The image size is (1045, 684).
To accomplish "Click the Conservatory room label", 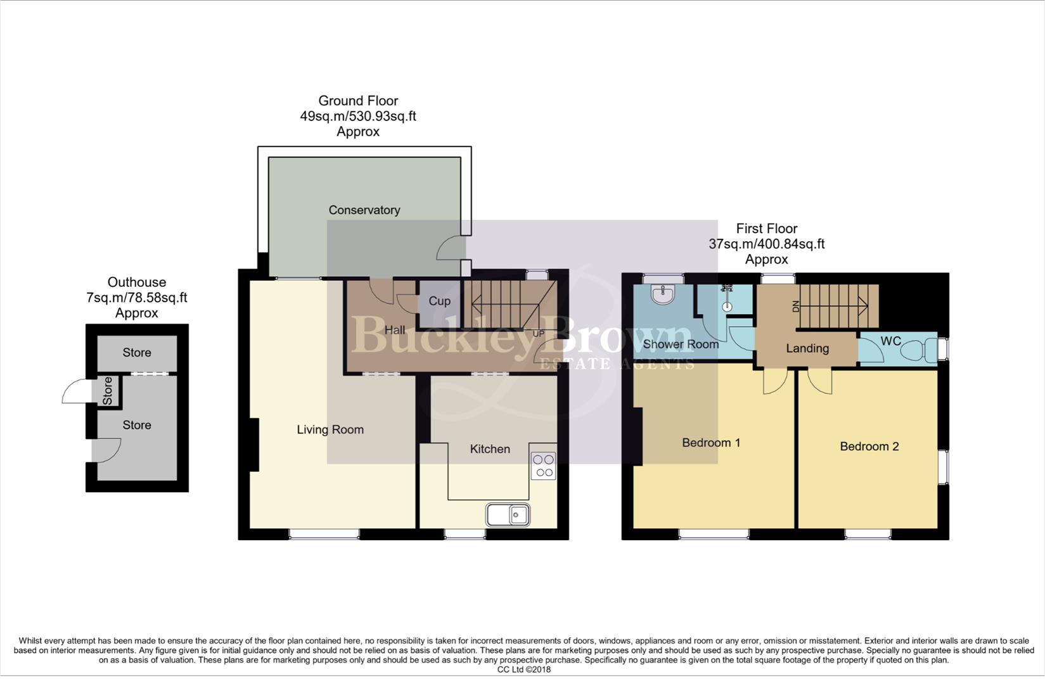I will [364, 210].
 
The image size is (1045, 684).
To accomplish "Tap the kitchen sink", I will [508, 515].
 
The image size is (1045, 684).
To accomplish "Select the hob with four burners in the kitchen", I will [543, 465].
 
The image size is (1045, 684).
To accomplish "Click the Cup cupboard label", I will [439, 301].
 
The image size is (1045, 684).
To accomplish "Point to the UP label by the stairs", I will [538, 334].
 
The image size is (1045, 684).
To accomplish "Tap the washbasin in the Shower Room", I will [663, 293].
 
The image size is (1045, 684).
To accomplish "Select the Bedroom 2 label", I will [869, 446].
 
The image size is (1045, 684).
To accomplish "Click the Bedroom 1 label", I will [710, 443].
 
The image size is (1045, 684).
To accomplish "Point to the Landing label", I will [807, 348].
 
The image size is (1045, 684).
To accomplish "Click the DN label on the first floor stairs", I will [796, 307].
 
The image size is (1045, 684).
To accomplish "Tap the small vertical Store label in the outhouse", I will [107, 391].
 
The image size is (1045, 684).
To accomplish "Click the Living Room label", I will [330, 430].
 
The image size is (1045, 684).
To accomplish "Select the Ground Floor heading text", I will [357, 101].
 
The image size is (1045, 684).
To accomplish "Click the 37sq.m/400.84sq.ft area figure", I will [766, 244].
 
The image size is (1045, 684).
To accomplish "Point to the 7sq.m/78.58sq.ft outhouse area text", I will [136, 298].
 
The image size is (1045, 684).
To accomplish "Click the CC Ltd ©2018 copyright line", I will [523, 669].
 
